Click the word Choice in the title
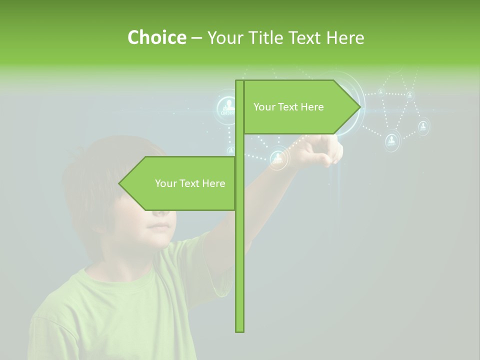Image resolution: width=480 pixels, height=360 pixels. [156, 37]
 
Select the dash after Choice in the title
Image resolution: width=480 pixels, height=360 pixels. [196, 38]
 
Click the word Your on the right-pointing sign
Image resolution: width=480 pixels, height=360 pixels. [264, 107]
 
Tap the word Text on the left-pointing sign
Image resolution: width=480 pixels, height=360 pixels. [190, 183]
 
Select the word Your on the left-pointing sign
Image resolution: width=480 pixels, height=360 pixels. [165, 183]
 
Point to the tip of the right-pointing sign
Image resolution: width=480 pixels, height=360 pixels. [359, 106]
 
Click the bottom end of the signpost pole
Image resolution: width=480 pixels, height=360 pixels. [239, 330]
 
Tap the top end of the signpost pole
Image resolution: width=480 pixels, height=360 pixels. [239, 81]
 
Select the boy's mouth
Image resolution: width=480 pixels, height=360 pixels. [159, 226]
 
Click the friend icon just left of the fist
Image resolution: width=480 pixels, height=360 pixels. [278, 159]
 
